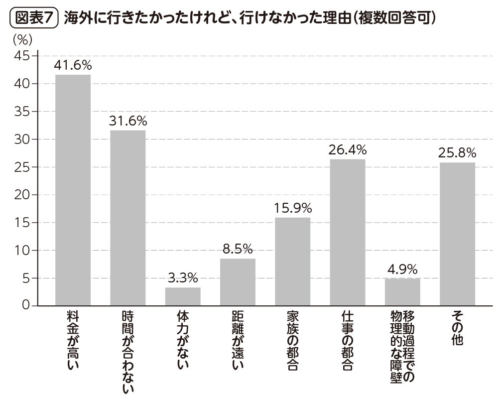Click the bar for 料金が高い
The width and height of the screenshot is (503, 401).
pos(73,190)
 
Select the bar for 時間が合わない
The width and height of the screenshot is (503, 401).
pos(127,218)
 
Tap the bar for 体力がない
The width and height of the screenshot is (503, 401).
pos(183,296)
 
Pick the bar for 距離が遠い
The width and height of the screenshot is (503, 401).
pos(238,282)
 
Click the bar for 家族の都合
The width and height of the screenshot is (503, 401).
pos(292,261)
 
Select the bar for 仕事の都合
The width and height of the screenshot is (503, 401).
pos(347,232)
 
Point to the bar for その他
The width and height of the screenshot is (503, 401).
pos(457,234)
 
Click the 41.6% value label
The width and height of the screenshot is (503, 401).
pos(73,66)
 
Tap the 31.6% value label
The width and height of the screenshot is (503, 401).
pos(127,121)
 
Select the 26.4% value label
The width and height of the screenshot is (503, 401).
pos(347,150)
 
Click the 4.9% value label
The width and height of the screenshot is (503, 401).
pos(402,269)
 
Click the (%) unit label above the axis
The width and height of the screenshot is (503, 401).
pos(22,38)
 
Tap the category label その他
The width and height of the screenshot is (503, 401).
pos(457,328)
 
